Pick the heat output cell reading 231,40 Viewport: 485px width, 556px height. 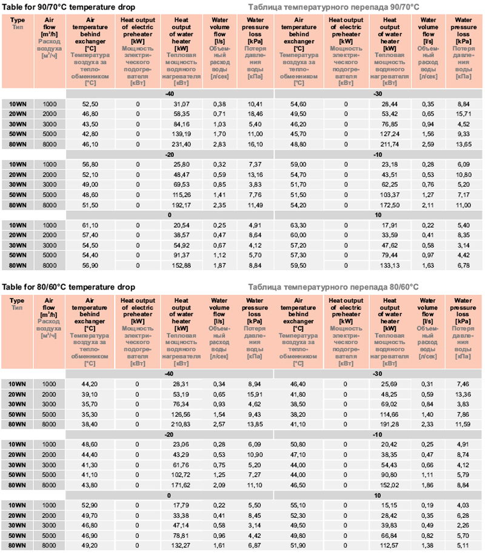181,144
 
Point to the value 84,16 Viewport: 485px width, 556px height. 181,124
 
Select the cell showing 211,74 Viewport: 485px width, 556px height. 390,144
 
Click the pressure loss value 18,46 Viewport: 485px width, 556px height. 255,114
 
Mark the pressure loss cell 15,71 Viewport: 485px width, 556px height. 463,114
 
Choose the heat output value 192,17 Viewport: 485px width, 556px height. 181,205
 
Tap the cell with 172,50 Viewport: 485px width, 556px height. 390,205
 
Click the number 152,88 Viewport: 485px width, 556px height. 181,265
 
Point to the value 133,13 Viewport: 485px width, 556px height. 390,265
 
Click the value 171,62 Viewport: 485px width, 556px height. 181,485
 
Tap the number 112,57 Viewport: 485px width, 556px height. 390,546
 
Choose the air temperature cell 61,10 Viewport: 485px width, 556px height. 90,225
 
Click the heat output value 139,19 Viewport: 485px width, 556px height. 181,134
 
